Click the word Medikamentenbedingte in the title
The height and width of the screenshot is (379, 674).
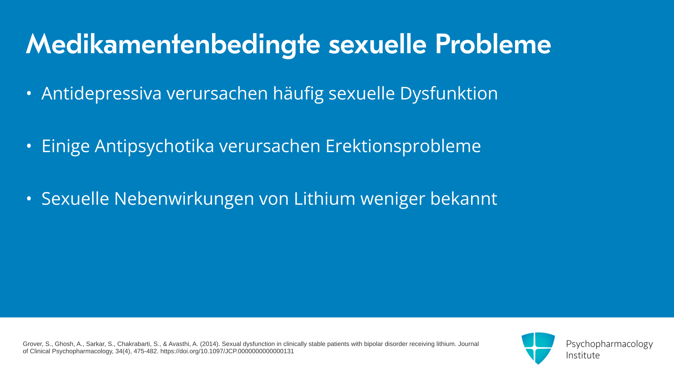pos(173,45)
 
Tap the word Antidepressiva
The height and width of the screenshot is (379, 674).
pos(101,93)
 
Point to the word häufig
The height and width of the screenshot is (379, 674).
pos(298,94)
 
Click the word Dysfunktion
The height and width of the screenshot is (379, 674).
pos(449,94)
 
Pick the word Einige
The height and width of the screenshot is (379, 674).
pos(66,146)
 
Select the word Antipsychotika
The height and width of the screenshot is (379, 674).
pos(154,146)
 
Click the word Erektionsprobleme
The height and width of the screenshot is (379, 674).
pos(403,146)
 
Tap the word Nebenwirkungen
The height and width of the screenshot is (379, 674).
pos(184,199)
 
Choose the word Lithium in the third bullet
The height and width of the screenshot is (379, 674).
pos(324,198)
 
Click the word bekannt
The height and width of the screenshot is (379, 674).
pos(464,198)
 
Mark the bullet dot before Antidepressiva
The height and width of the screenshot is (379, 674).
pos(29,93)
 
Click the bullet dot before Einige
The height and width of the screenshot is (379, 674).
pos(29,146)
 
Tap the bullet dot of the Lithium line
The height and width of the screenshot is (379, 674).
pos(29,199)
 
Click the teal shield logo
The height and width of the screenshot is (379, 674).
pos(538,348)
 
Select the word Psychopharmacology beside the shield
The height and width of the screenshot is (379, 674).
pos(609,344)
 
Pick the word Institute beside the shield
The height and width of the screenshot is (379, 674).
pos(583,355)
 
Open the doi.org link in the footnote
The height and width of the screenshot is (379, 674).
pos(227,351)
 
